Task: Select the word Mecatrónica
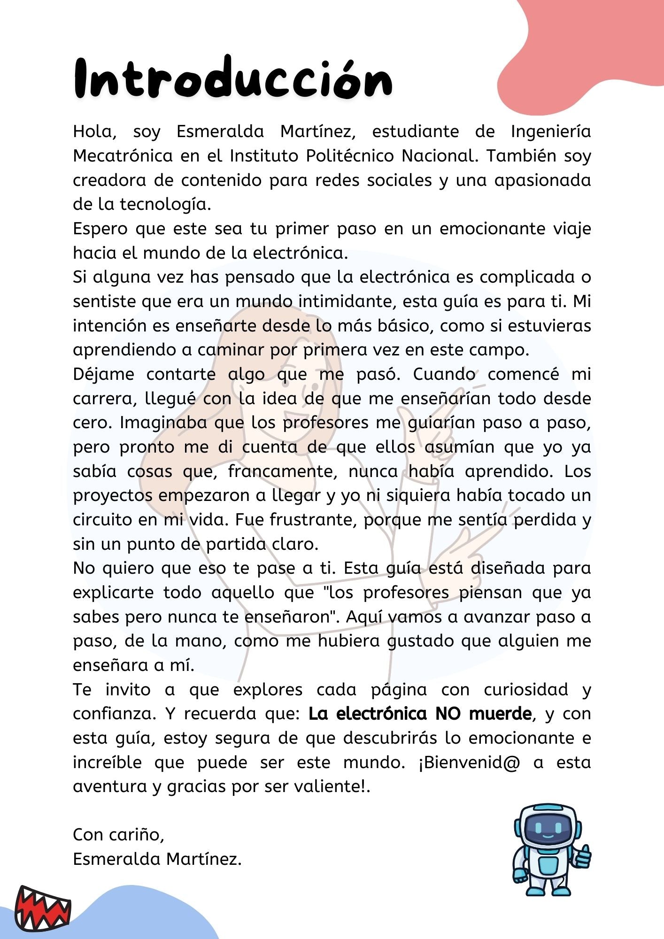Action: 123,156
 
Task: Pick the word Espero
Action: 100,229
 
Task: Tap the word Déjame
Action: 103,375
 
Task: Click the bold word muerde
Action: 500,714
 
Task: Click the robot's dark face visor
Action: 547,831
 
